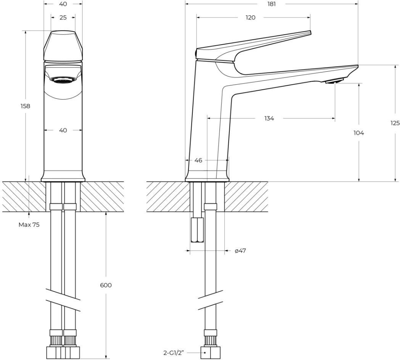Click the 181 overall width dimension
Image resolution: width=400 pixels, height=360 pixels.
tap(272, 4)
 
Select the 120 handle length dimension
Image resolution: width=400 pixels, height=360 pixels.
tap(250, 17)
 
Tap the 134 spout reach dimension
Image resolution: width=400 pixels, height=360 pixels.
tap(269, 118)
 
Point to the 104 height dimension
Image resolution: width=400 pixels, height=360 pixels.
tap(359, 133)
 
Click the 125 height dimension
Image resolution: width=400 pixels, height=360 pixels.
tap(395, 123)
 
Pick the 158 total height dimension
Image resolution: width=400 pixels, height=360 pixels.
tap(25, 106)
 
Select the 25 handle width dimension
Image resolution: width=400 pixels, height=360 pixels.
tap(63, 17)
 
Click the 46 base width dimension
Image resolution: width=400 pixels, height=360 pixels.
tap(198, 160)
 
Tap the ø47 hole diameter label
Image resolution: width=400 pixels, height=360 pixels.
tap(240, 251)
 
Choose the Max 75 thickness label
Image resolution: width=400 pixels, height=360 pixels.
tap(29, 225)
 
